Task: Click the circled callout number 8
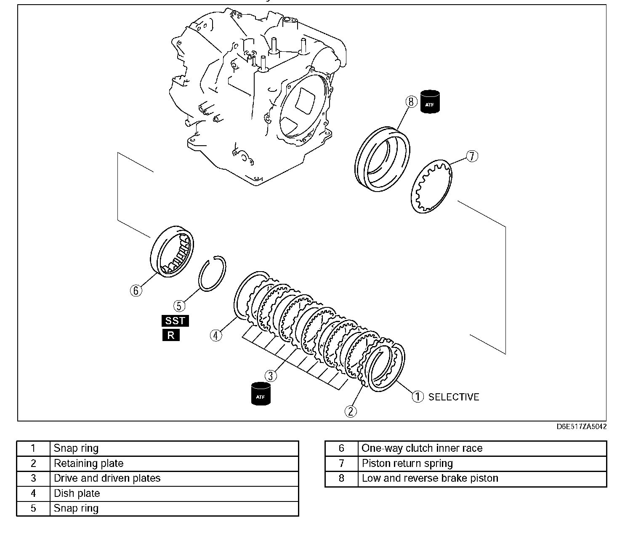(x=411, y=102)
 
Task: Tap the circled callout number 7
(x=472, y=156)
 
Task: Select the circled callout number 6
(x=136, y=291)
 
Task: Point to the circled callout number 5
(x=179, y=306)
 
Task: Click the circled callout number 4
(x=216, y=336)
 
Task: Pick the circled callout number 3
(x=271, y=376)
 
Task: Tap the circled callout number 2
(x=351, y=411)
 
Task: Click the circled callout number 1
(x=418, y=397)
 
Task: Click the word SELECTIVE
(x=454, y=397)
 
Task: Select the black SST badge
(x=175, y=321)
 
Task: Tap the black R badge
(x=171, y=336)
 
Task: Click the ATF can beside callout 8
(x=430, y=102)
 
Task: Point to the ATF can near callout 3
(x=261, y=394)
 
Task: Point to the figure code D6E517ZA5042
(x=581, y=427)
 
